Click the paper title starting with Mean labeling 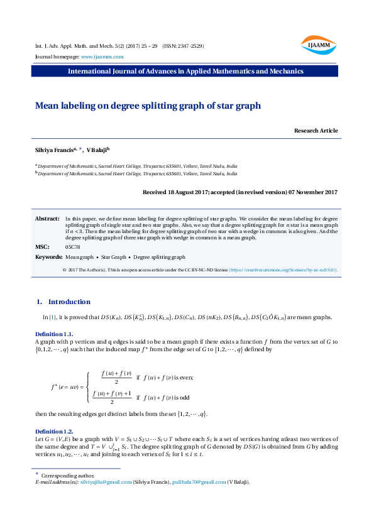tap(148, 106)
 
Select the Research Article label tap(316, 131)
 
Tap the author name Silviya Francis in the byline tap(54, 151)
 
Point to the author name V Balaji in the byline tap(97, 151)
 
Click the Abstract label tap(47, 217)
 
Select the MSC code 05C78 tap(72, 247)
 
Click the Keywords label tap(48, 257)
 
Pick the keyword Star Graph tap(114, 257)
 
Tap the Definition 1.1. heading tap(55, 334)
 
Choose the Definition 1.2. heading tap(55, 431)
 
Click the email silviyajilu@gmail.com tap(106, 482)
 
